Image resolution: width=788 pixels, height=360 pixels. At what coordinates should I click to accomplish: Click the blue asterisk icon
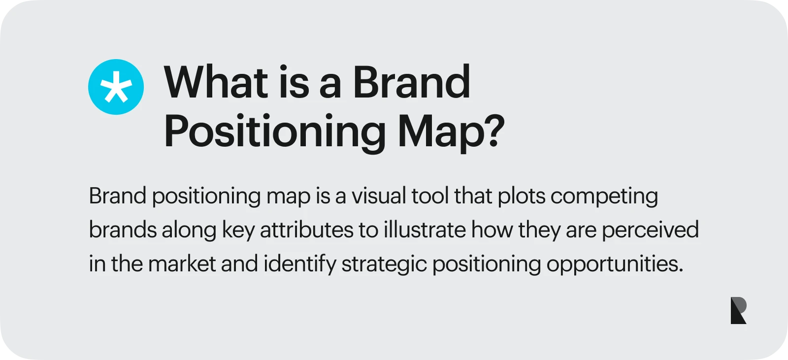116,87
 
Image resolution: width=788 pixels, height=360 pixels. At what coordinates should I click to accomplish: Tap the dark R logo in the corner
738,310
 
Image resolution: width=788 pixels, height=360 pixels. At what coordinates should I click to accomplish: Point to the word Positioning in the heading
275,132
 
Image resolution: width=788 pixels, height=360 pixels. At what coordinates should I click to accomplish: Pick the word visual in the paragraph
379,196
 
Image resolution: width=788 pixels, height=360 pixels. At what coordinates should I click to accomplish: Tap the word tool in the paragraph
430,196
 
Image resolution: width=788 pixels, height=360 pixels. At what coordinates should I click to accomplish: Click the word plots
522,196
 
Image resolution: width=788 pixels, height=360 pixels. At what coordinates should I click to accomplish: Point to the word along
189,230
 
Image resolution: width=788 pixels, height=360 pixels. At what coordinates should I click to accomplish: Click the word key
238,230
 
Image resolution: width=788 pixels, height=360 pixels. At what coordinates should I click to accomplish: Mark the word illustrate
425,230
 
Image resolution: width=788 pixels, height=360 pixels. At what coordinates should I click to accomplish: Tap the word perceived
650,230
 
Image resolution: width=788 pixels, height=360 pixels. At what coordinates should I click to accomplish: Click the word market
182,264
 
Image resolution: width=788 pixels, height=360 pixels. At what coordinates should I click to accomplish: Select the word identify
299,264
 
